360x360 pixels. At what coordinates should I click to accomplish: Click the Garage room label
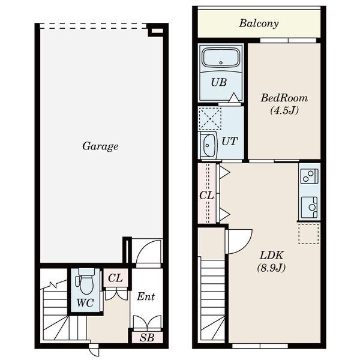pyautogui.click(x=100, y=146)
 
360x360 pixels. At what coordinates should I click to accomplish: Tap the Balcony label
pyautogui.click(x=259, y=23)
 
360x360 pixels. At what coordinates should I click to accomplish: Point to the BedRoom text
pyautogui.click(x=284, y=98)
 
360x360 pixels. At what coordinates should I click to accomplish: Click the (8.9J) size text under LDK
pyautogui.click(x=271, y=268)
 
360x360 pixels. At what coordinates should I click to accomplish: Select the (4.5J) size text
pyautogui.click(x=284, y=110)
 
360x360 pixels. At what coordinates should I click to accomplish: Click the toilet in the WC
pyautogui.click(x=86, y=281)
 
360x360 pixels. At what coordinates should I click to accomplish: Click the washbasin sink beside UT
pyautogui.click(x=208, y=146)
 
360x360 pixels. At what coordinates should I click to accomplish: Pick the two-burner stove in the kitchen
pyautogui.click(x=309, y=176)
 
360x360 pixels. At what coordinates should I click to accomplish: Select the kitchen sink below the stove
pyautogui.click(x=309, y=207)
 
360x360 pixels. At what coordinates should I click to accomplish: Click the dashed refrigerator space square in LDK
pyautogui.click(x=308, y=233)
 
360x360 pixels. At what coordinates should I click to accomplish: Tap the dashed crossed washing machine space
pyautogui.click(x=210, y=118)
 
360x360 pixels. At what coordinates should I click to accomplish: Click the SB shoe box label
pyautogui.click(x=147, y=337)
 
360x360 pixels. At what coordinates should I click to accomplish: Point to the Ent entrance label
pyautogui.click(x=146, y=296)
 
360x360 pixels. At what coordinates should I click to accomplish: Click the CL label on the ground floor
pyautogui.click(x=115, y=278)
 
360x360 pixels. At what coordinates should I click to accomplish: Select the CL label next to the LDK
pyautogui.click(x=206, y=196)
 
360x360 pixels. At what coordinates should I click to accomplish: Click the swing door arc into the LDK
pyautogui.click(x=245, y=246)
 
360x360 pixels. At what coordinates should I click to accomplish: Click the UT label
pyautogui.click(x=229, y=141)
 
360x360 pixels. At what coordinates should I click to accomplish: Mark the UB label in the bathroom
pyautogui.click(x=219, y=82)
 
